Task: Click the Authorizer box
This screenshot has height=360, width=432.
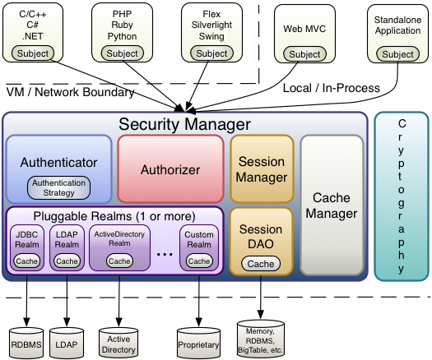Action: coord(170,170)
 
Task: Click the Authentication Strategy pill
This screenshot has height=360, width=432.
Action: coord(58,187)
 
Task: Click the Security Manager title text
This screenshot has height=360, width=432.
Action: coord(184,124)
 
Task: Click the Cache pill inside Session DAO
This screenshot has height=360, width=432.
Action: coord(260,264)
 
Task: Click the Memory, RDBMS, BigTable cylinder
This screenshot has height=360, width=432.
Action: coord(260,337)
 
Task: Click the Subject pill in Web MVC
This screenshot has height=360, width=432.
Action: coord(304,54)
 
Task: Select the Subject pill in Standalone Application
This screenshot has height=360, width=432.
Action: coord(398,54)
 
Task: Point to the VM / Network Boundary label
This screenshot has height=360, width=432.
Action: coord(71,91)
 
